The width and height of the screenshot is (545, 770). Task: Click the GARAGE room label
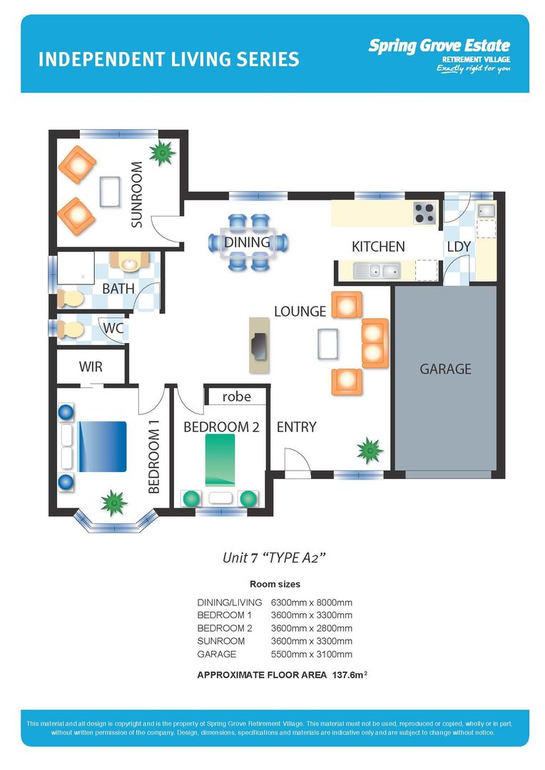(x=445, y=369)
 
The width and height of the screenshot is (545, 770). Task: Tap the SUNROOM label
(x=136, y=195)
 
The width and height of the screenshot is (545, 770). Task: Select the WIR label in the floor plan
(x=91, y=367)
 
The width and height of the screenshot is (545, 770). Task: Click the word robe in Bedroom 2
(x=236, y=396)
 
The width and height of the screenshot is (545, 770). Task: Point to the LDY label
(x=459, y=247)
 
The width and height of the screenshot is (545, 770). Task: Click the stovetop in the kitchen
(x=424, y=212)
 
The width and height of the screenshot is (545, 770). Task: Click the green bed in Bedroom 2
(x=220, y=460)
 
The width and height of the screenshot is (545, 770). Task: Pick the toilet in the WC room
(x=70, y=329)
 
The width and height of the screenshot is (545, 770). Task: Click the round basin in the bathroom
(x=130, y=263)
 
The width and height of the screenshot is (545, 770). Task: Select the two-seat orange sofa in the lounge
(x=375, y=343)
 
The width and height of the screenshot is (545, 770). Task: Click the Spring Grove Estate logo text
(x=439, y=46)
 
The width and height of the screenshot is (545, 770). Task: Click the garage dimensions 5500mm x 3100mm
(x=312, y=654)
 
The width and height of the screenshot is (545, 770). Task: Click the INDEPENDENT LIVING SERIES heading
(x=168, y=59)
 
